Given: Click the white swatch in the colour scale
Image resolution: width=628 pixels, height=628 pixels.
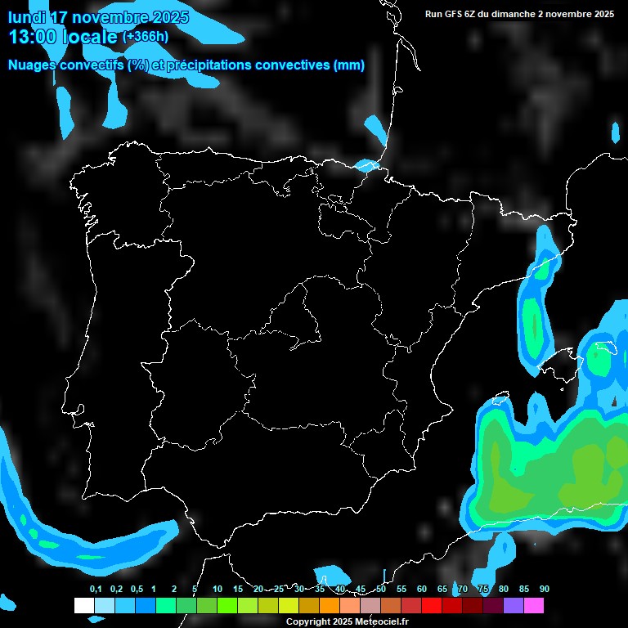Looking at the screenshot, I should coord(83,605).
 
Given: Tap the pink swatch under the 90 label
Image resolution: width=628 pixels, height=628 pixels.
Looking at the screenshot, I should coord(534,605).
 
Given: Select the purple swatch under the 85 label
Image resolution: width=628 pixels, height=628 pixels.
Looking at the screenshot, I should coord(514,605).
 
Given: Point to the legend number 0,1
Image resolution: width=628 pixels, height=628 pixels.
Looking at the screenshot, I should coord(96,590).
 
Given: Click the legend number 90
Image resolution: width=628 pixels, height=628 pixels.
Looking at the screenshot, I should coord(545,590).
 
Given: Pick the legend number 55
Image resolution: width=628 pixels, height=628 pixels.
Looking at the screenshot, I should coord(401,590).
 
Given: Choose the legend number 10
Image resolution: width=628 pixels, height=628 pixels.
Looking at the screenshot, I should coord(218,590).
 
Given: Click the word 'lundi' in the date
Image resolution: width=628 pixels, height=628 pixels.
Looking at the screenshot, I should coord(27,17).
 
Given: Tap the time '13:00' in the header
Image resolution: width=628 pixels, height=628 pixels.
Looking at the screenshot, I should coord(32,37).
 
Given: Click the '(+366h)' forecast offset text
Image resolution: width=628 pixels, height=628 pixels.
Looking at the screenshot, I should coord(146,37).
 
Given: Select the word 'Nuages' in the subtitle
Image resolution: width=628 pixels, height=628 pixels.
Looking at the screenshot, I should coord(31,65).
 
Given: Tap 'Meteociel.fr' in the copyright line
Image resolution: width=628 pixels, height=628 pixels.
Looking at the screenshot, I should coord(382,621).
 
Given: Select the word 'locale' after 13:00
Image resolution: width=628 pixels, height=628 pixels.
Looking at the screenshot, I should coord(89,37).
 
